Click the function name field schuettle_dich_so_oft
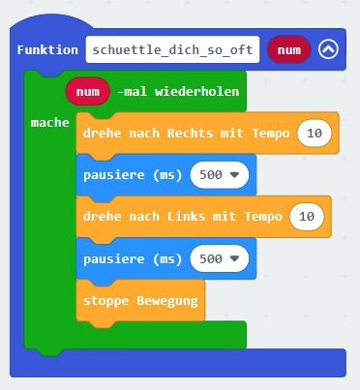point(172,49)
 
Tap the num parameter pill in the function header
point(289,49)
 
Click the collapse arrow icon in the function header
point(328,49)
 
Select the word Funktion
point(47,50)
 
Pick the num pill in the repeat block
point(88,91)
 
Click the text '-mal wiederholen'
point(178,92)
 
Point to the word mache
point(50,123)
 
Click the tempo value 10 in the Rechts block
point(315,133)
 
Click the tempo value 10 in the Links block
point(307,216)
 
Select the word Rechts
point(190,134)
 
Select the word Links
point(186,217)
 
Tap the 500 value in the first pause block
point(211,175)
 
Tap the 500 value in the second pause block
point(211,258)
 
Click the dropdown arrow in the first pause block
point(234,175)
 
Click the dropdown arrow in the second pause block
point(234,258)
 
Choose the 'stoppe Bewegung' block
point(140,300)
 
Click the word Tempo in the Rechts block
point(271,134)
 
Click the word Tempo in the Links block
point(263,217)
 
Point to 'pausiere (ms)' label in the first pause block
point(133,175)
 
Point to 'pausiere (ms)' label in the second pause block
point(133,259)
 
